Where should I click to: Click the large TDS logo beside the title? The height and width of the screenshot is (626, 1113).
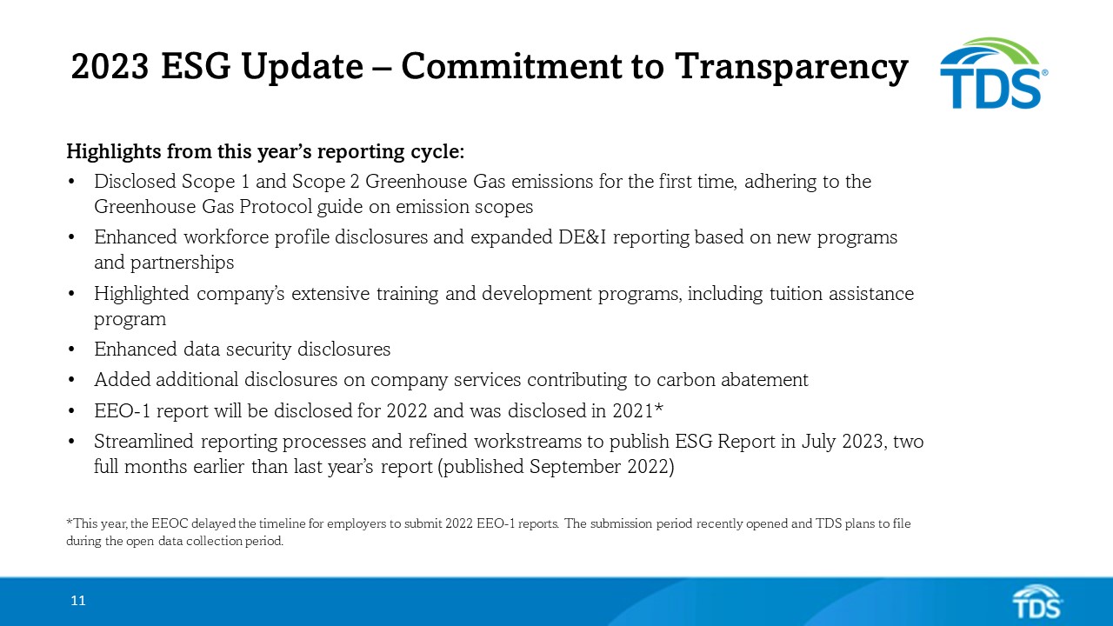coord(992,74)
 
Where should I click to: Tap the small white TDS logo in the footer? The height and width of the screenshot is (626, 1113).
coord(1036,602)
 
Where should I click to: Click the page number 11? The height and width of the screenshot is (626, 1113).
coord(78,601)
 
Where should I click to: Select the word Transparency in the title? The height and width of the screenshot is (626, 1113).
coord(791,67)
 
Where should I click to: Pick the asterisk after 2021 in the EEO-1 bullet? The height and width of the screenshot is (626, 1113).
coord(659,409)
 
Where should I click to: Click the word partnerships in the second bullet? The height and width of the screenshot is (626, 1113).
coord(164,262)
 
